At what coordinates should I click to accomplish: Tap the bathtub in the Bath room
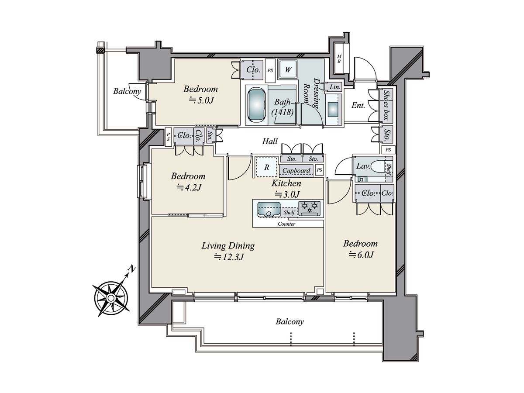click(x=257, y=104)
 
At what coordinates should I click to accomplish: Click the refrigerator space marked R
click(x=267, y=167)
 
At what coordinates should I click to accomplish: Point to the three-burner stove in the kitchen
click(x=310, y=209)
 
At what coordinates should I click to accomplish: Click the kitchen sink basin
click(x=269, y=210)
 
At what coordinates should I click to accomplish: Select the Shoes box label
click(x=386, y=105)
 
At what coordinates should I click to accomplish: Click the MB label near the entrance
click(x=339, y=59)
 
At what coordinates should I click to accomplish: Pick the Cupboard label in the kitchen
click(x=296, y=170)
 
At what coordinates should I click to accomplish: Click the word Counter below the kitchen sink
click(x=286, y=224)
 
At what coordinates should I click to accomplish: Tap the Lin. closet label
click(x=334, y=87)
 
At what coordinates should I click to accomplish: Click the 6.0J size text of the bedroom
click(x=361, y=255)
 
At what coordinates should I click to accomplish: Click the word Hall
click(x=270, y=141)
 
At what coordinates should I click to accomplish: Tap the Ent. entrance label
click(x=359, y=105)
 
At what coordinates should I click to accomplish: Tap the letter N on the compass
click(x=131, y=269)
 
